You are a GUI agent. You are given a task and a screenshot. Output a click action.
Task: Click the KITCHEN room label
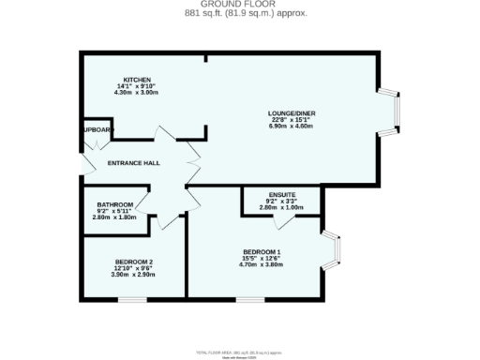click(137, 80)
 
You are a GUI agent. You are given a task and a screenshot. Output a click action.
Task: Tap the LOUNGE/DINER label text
click(291, 113)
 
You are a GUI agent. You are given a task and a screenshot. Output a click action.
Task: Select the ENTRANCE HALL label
click(134, 163)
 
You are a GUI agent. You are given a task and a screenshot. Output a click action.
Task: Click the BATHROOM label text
click(115, 204)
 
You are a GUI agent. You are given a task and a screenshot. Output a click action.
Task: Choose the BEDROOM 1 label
click(262, 251)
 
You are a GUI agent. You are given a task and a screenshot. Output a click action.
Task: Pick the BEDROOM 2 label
click(134, 261)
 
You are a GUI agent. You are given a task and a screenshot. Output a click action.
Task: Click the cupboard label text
click(97, 130)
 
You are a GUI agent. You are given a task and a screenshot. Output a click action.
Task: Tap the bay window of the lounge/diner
click(397, 113)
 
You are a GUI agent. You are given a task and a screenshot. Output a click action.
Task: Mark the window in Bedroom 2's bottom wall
click(132, 299)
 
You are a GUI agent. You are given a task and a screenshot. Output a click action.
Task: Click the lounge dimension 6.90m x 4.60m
click(291, 127)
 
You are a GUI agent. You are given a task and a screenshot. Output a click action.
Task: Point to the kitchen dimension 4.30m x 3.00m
click(137, 93)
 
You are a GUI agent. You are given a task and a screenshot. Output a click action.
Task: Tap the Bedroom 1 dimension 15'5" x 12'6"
click(262, 258)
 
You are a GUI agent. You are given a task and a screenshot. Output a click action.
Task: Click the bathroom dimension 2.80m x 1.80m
click(115, 217)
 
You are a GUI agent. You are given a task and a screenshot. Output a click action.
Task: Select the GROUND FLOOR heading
click(239, 5)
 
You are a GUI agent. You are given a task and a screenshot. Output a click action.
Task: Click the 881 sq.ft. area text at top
click(239, 14)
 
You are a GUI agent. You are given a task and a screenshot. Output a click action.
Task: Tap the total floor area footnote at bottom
click(239, 352)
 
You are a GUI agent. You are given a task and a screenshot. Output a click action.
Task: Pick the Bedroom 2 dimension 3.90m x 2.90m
click(134, 274)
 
